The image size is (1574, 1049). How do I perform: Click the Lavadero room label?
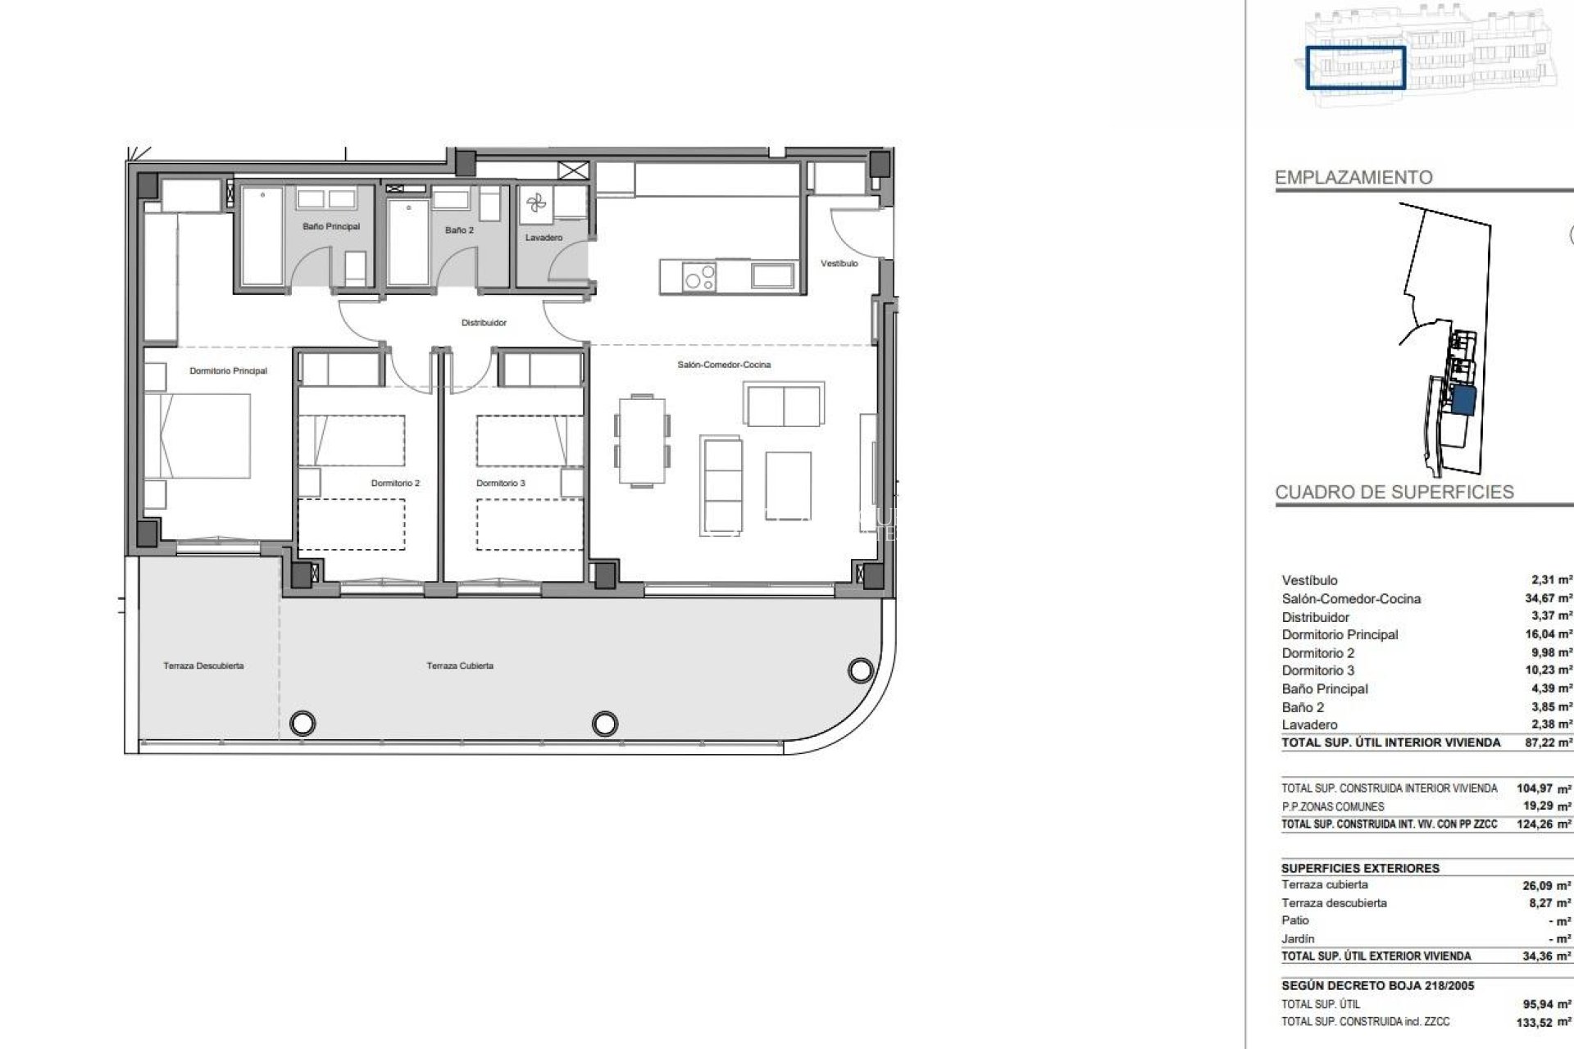pos(544,238)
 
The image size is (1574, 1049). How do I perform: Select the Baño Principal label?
pos(330,226)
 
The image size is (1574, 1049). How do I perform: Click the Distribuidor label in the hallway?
pos(484,323)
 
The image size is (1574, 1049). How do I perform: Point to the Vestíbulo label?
pos(839,264)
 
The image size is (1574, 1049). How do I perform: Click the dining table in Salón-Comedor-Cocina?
pos(642,441)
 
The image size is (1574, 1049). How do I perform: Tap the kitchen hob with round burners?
pos(699,277)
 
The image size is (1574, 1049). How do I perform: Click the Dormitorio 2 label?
pos(395,484)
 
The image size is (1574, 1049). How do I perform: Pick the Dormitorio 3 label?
pos(500,484)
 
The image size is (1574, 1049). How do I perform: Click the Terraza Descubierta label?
pos(203,666)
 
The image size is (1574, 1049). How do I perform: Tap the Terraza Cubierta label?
pos(460,666)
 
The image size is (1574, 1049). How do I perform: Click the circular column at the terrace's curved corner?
pos(860,671)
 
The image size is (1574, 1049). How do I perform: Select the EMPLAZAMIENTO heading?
pos(1353,178)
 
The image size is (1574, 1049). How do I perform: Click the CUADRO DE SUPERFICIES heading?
pos(1394,493)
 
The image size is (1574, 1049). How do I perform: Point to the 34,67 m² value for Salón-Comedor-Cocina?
pos(1548,598)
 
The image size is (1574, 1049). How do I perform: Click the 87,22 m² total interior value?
pos(1548,742)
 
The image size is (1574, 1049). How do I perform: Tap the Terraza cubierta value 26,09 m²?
pos(1546,886)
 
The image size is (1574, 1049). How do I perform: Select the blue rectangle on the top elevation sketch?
pos(1355,67)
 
